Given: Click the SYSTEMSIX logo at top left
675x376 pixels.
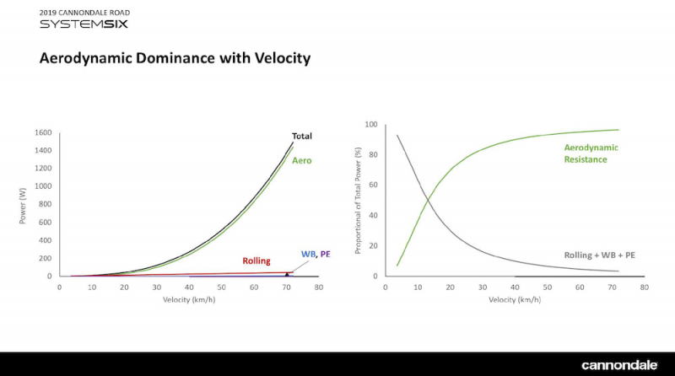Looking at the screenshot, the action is (x=84, y=24).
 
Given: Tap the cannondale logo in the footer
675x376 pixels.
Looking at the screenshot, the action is (x=619, y=365).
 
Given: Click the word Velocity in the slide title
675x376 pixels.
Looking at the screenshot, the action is (x=283, y=58).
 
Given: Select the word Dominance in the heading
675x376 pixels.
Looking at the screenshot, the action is (x=175, y=57).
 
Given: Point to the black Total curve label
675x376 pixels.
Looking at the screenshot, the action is (x=302, y=136).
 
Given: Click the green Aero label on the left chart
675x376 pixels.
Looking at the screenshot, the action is (x=302, y=160).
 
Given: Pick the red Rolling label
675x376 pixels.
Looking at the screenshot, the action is (x=256, y=261).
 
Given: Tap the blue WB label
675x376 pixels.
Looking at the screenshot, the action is (x=308, y=254).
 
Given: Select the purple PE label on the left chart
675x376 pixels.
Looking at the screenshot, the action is (x=325, y=254).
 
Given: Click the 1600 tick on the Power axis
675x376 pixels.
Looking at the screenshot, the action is (x=43, y=132).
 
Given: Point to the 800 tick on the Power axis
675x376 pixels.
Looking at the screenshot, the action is (x=46, y=204).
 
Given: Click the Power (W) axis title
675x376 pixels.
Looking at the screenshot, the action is (x=23, y=206).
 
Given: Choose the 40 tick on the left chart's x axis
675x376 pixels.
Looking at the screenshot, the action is (x=189, y=287).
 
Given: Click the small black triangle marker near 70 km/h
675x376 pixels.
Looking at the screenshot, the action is (x=287, y=274).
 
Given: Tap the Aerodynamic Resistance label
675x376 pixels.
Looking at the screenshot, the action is (x=591, y=153).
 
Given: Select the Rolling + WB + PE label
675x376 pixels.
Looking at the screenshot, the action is (x=600, y=255).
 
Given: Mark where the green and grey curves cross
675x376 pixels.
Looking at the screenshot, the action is (x=428, y=200).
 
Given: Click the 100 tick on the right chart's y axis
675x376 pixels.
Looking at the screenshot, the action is (x=371, y=124).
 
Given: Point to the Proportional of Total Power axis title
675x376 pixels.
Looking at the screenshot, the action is (x=358, y=201).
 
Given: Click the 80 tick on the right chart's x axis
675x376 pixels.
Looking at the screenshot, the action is (x=645, y=287).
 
